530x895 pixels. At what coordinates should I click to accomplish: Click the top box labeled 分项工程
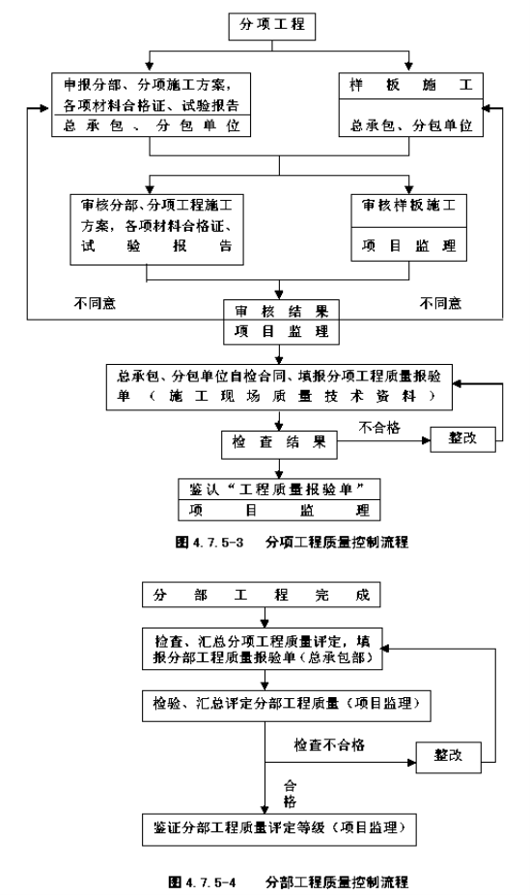point(271,26)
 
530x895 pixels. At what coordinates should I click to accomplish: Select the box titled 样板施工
point(410,104)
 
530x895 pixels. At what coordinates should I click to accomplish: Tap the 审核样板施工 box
point(408,228)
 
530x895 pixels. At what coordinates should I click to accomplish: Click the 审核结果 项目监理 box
point(281,322)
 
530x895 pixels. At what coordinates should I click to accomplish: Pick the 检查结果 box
point(279,445)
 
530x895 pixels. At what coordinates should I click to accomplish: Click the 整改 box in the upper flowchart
point(462,439)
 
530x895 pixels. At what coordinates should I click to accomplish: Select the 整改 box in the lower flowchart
point(448,757)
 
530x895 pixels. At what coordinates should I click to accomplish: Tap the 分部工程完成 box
point(262,595)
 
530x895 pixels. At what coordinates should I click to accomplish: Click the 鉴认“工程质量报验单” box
point(279,499)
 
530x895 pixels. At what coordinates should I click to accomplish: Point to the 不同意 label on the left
point(95,303)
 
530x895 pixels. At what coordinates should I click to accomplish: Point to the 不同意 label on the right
point(440,303)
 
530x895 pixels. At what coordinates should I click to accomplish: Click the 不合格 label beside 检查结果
point(379,428)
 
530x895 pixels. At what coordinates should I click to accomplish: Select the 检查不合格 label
point(329,745)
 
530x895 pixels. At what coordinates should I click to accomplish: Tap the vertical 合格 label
point(290,794)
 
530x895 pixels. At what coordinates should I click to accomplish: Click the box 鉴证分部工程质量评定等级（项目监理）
point(279,829)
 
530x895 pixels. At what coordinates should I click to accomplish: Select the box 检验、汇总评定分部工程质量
point(286,706)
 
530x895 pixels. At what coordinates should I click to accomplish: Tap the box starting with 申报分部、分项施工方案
point(152,104)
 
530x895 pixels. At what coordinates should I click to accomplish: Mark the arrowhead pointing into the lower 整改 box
point(411,762)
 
